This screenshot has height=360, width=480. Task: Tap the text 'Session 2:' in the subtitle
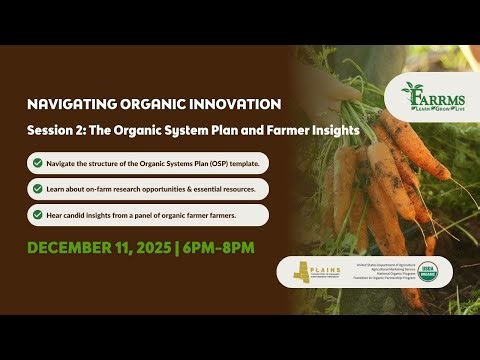pos(56,132)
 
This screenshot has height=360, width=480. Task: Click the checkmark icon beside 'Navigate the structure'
pos(37,163)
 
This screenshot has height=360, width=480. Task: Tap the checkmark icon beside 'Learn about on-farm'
pos(37,189)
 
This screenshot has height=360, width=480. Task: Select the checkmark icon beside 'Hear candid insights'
pos(37,215)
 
